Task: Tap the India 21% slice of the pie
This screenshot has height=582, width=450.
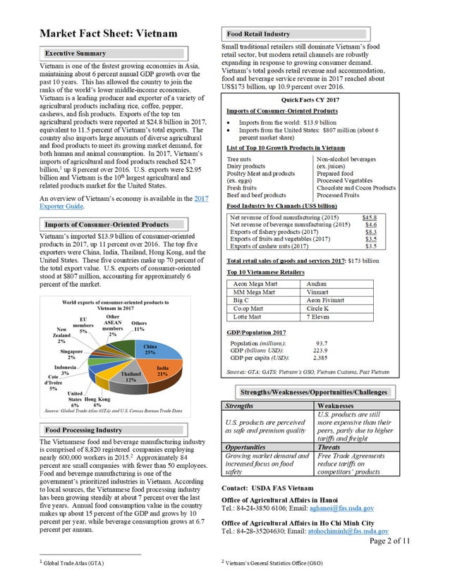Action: (163, 371)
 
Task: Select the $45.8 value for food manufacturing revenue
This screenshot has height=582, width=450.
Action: (369, 218)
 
